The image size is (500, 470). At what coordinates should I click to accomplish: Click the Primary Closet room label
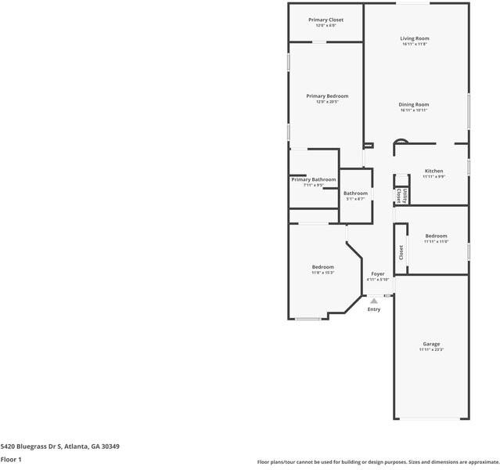pos(326,20)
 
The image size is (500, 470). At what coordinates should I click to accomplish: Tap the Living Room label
pos(415,38)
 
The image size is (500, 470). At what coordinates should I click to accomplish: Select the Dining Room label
pos(414,104)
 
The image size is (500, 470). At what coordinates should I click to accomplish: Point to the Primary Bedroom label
pos(326,96)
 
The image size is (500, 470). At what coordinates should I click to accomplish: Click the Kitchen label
pos(433,171)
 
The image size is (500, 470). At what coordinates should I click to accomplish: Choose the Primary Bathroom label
pos(313,179)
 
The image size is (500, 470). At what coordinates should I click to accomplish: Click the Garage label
pos(431,344)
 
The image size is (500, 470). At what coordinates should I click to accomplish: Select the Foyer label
pos(377,273)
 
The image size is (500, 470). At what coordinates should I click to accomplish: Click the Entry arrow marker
pos(374,300)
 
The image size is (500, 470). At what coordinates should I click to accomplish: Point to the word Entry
pos(374,309)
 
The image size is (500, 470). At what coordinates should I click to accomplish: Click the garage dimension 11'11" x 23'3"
pos(431,350)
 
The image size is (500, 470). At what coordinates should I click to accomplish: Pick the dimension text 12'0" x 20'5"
pos(326,103)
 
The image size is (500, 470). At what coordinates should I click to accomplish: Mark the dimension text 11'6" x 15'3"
pos(322,273)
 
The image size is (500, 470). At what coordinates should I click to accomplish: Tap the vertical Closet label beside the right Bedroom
pos(401,252)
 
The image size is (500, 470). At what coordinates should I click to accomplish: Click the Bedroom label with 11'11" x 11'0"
pos(436,236)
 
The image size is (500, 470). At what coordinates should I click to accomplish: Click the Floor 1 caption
pos(11,459)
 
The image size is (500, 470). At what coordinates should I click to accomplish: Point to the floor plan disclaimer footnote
pos(377,462)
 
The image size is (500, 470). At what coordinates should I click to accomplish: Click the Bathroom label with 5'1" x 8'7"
pos(355,193)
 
